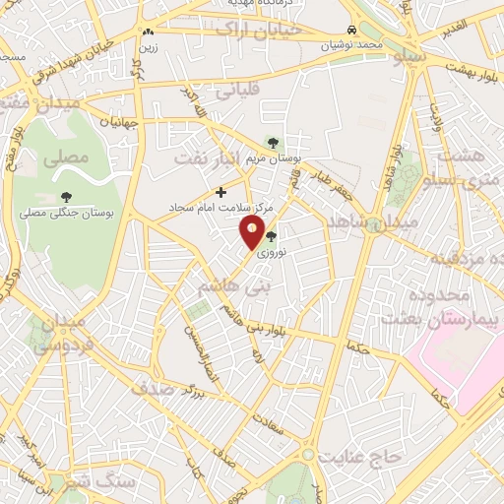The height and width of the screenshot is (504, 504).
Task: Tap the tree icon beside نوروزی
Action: [272, 236]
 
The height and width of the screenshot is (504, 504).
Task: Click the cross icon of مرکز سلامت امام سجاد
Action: [220, 192]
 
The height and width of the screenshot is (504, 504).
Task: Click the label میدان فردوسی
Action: [60, 334]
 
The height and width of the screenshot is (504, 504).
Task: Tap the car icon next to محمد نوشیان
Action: [352, 30]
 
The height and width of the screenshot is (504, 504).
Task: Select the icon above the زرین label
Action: [148, 31]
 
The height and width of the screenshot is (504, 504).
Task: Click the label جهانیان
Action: [109, 122]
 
